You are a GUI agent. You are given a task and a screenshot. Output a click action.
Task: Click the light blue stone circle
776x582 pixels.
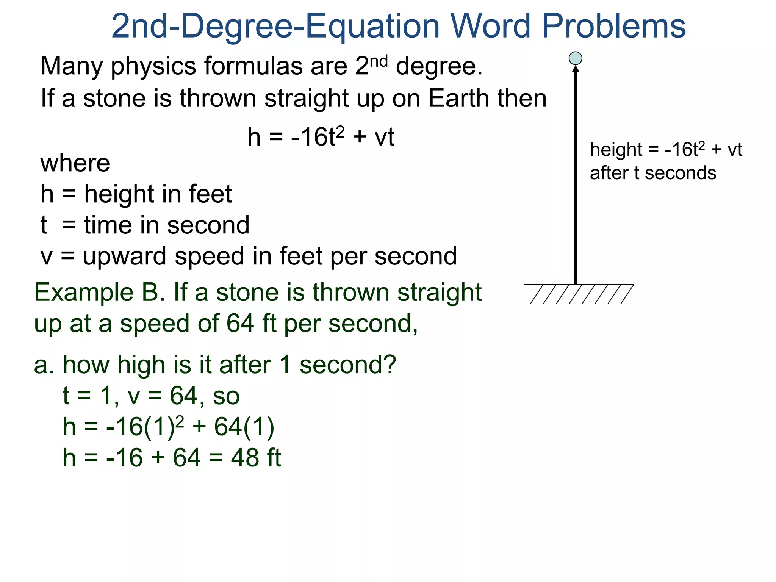click(576, 58)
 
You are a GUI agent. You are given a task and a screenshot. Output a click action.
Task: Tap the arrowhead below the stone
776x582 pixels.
click(576, 69)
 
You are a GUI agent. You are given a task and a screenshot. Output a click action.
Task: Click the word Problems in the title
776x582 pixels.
click(614, 27)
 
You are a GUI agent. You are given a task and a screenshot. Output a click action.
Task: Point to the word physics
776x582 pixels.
click(153, 66)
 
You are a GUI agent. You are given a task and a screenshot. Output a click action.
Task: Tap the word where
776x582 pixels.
click(75, 163)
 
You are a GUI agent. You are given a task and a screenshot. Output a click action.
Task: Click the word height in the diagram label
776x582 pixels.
click(616, 150)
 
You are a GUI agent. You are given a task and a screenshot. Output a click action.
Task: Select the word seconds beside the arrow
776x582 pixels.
click(681, 173)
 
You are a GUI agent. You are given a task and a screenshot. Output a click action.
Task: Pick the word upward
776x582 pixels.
click(125, 257)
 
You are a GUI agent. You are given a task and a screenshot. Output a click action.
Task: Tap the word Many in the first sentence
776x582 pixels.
click(71, 66)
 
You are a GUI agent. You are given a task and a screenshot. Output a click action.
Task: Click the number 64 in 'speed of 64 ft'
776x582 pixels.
click(240, 324)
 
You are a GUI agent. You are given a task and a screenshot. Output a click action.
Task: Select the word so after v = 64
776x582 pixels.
click(226, 396)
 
